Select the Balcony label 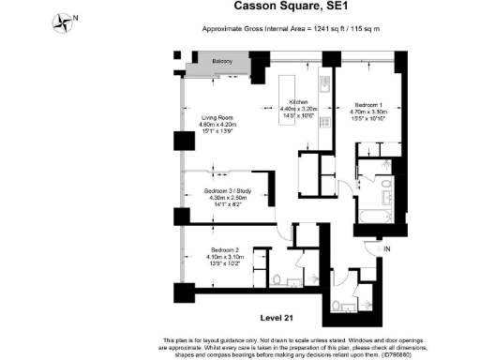221,62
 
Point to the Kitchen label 299,101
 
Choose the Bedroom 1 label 371,104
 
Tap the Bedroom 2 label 224,248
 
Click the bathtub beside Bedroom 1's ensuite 374,217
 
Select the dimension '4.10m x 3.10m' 224,256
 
